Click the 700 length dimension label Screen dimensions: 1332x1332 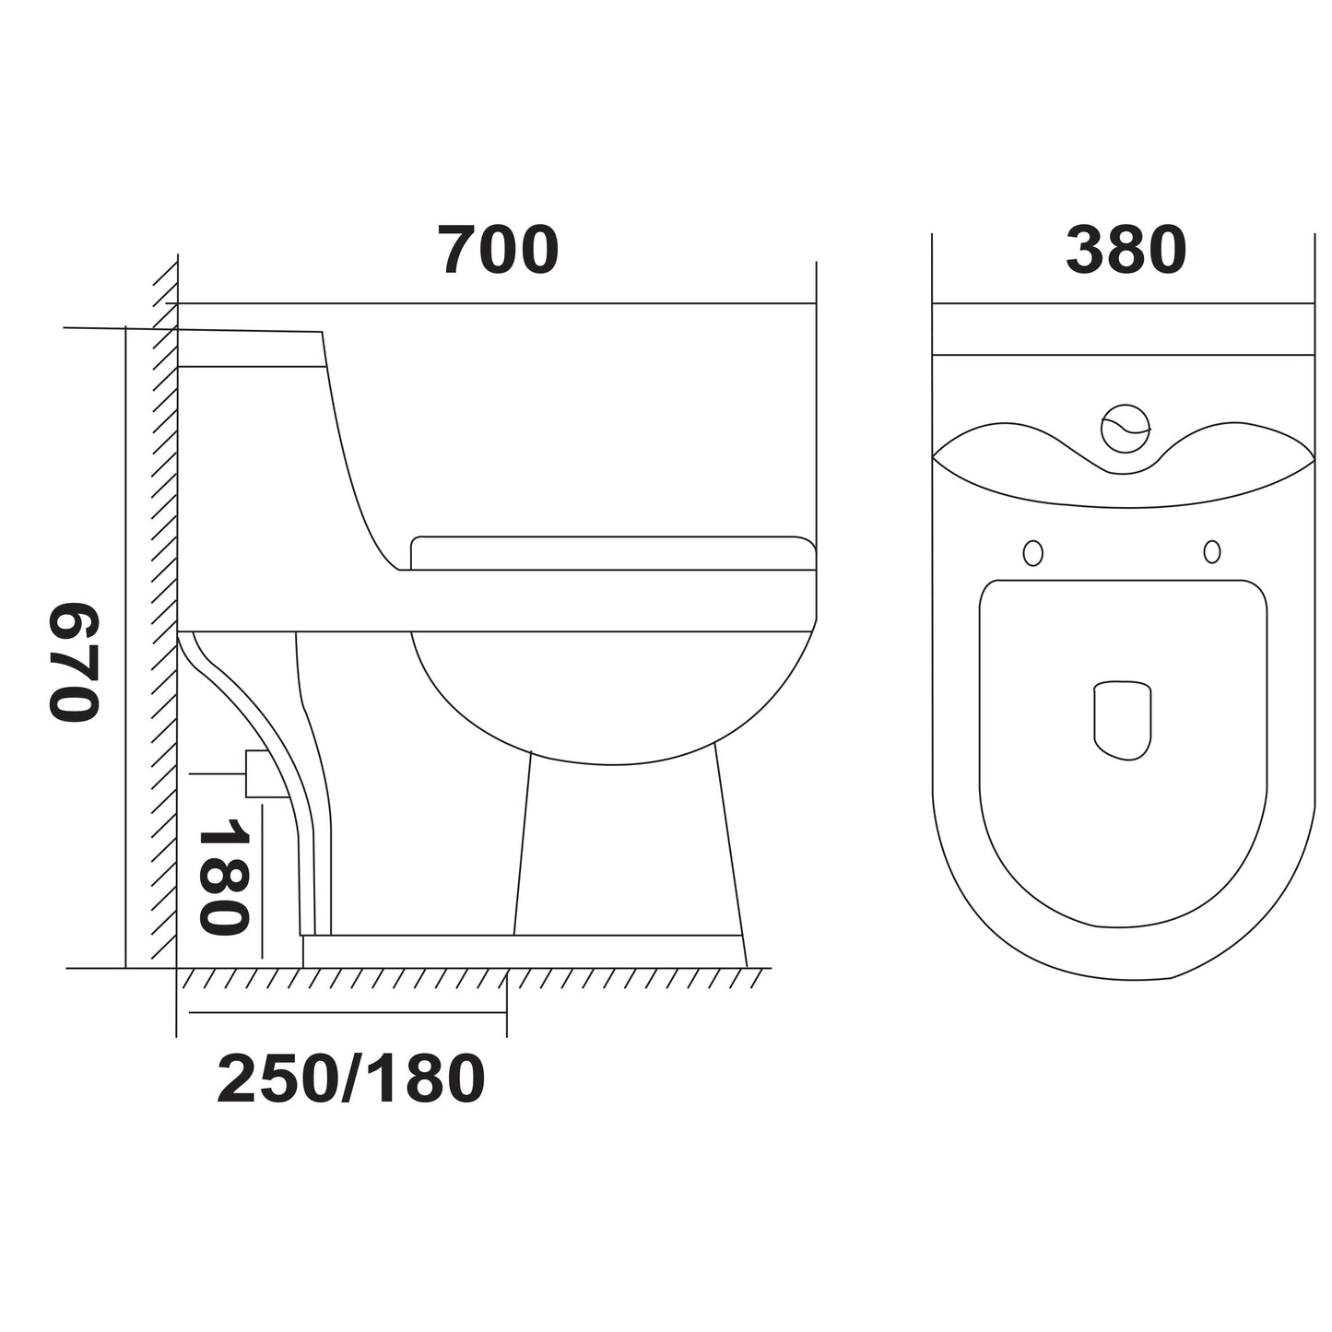498,251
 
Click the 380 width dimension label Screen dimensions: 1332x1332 1126,251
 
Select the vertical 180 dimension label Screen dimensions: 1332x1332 223,877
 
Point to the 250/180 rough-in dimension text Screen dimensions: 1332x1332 351,1079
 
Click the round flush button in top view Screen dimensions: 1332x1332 1126,429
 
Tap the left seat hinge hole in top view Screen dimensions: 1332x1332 1033,552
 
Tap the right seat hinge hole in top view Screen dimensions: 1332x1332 1212,551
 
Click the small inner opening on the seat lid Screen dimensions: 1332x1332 1123,721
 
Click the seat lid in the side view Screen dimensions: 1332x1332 613,553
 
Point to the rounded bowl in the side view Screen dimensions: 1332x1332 613,696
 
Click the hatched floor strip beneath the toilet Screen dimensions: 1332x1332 470,979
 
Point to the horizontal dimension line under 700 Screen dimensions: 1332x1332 498,303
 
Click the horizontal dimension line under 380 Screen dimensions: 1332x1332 1123,303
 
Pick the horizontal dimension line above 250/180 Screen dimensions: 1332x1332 348,1012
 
